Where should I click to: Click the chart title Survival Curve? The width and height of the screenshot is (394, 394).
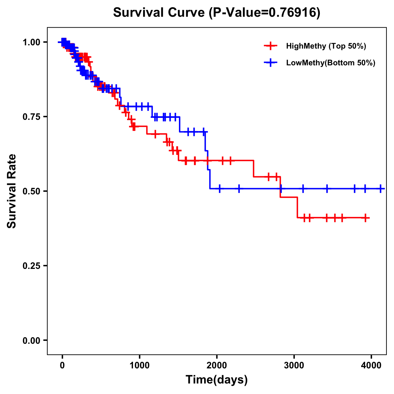159,13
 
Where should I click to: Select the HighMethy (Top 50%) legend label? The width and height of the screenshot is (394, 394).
326,46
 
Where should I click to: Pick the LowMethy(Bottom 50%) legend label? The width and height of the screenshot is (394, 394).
331,63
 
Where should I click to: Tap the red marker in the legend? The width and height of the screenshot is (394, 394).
271,46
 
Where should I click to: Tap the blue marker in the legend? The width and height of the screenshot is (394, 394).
271,63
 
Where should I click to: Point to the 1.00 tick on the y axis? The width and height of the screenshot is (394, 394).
31,42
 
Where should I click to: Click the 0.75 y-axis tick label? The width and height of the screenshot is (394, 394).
31,117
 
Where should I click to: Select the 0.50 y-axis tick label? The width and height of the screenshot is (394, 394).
31,191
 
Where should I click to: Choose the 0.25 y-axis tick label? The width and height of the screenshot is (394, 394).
31,266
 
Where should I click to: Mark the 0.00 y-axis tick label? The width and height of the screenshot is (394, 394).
31,340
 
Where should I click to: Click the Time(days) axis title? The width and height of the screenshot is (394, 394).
217,380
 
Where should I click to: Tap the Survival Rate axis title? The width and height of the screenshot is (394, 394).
12,191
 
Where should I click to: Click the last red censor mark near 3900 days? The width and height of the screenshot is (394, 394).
365,218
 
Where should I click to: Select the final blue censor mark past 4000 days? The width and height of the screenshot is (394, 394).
381,188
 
